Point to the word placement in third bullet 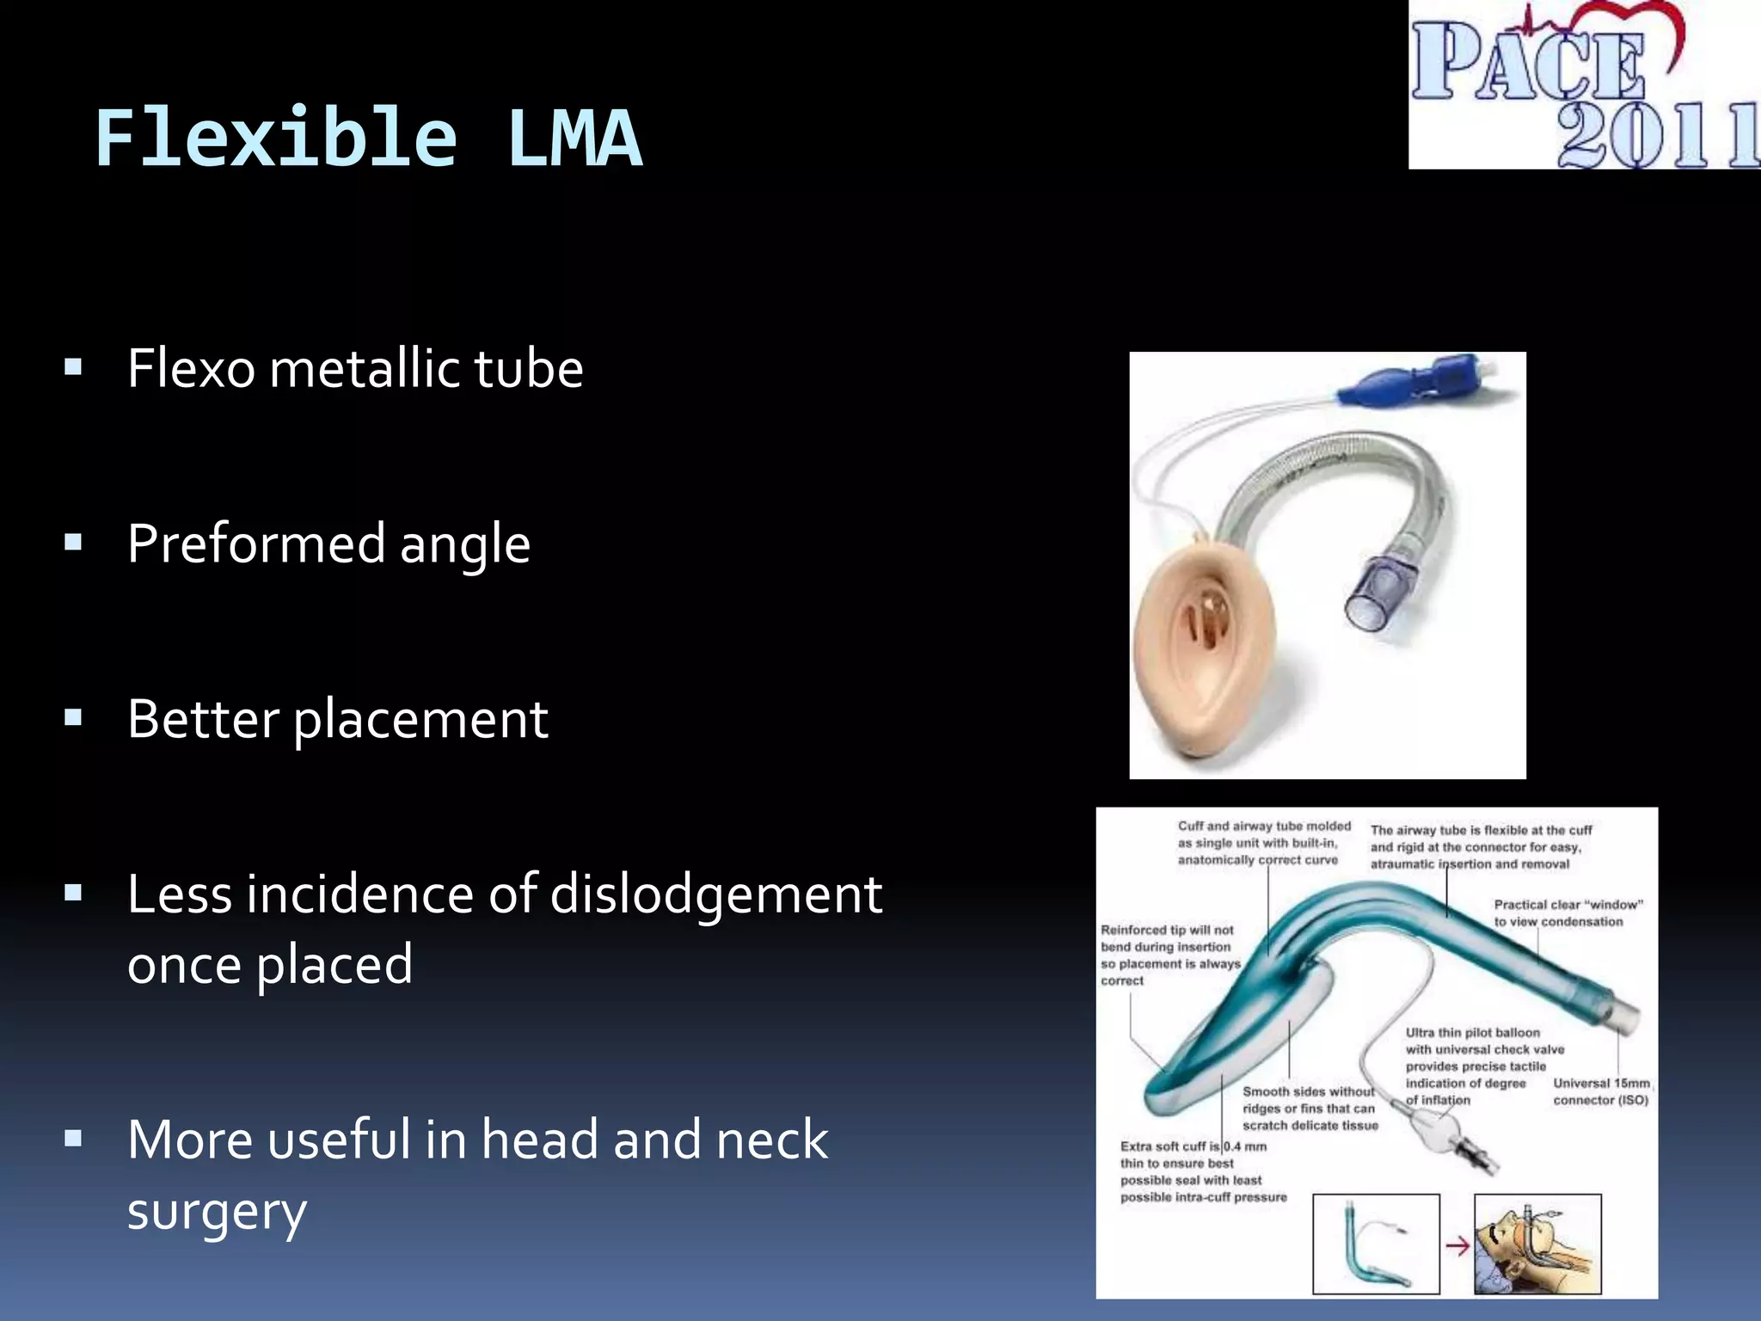(420, 720)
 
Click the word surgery (217, 1211)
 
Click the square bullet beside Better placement (73, 717)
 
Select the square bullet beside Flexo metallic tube (73, 368)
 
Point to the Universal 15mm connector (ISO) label (1601, 1091)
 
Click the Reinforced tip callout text (1169, 955)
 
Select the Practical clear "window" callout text (1567, 912)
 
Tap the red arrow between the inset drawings (1457, 1245)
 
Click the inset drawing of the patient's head (1537, 1244)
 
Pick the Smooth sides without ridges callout (1310, 1108)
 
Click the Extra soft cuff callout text (1202, 1171)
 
